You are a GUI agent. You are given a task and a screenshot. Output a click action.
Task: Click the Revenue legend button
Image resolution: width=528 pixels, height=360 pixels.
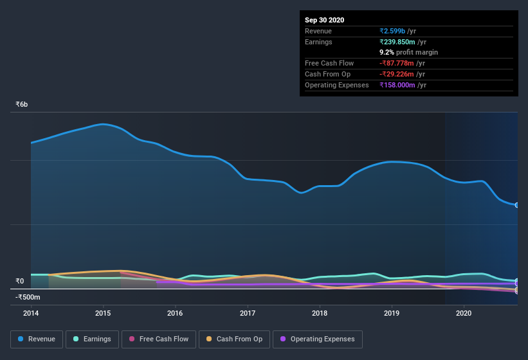point(37,339)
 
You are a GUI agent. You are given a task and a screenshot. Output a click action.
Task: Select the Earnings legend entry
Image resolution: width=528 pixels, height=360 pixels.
point(92,339)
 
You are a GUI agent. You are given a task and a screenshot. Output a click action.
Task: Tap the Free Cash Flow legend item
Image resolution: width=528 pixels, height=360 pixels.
point(158,339)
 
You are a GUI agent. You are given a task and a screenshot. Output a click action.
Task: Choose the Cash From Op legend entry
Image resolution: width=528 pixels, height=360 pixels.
point(234,339)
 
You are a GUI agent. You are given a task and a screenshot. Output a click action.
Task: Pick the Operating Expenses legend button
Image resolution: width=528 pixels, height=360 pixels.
point(317,339)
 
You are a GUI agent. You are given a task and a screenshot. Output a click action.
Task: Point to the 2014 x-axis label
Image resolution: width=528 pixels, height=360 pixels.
point(31,313)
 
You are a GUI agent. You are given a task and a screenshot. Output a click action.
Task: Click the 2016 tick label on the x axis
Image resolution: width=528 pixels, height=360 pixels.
point(175,313)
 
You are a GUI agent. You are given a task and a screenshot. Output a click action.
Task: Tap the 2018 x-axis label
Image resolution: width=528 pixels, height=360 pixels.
point(320,313)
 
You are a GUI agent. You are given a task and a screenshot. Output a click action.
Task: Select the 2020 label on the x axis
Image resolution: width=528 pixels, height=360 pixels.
point(464,313)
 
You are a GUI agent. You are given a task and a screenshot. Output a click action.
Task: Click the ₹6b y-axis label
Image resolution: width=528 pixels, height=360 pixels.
point(22,104)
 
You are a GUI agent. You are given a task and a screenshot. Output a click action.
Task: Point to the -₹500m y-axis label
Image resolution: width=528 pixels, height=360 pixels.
point(28,297)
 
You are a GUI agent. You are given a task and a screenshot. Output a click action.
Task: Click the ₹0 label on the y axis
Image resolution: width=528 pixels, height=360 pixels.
point(19,281)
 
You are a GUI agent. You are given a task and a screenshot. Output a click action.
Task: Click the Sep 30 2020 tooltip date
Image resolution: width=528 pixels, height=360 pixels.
point(324,20)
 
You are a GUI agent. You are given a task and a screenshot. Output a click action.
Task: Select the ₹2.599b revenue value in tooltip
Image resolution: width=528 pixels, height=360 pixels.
point(393,31)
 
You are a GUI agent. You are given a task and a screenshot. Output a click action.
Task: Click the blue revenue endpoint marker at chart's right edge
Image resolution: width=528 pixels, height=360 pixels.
point(516,205)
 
